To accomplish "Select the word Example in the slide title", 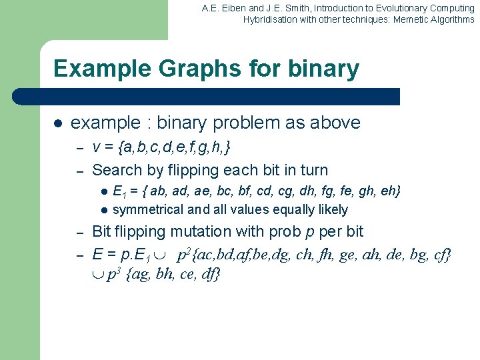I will [x=93, y=69].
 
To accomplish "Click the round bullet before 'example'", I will [x=57, y=123].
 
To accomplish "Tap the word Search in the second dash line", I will [x=117, y=170].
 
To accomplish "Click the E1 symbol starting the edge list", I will [x=120, y=192].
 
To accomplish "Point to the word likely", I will [x=332, y=209].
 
